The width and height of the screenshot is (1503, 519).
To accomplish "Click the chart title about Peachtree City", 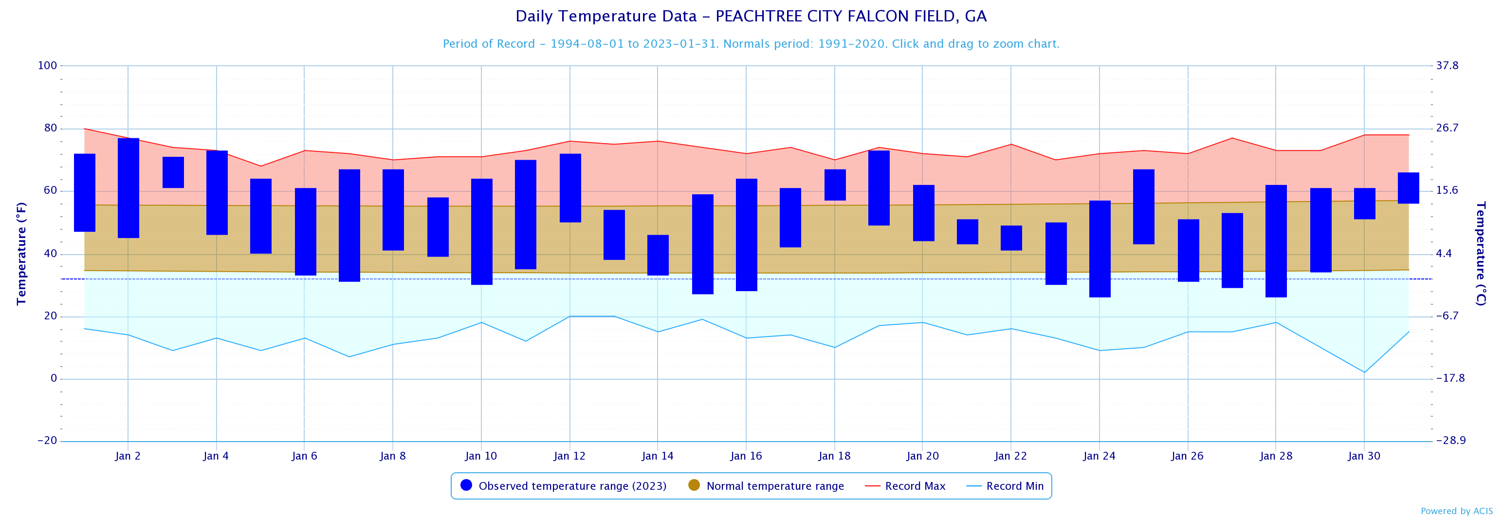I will coord(751,17).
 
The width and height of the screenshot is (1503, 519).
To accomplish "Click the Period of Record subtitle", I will coord(751,44).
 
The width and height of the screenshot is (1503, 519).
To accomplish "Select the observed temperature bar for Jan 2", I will coord(128,188).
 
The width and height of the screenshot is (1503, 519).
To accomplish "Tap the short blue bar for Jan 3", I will coord(173,172).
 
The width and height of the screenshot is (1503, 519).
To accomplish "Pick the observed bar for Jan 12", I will coord(570,188).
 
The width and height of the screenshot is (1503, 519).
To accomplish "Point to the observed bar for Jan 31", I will coord(1409,188).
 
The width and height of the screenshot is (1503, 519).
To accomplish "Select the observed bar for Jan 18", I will coord(835,185).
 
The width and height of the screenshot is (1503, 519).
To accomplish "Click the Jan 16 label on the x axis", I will coord(746,456).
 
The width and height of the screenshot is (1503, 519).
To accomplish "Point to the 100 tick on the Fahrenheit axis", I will coord(47,65).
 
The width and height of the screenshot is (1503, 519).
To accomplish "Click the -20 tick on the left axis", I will coord(47,441).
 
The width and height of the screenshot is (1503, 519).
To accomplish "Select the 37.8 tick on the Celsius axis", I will coord(1447,65).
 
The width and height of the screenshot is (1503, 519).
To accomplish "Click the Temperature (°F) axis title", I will coord(21,253).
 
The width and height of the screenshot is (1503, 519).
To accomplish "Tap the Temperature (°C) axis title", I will coord(1480,253).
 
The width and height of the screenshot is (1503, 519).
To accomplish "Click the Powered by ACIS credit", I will coord(1456,511).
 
